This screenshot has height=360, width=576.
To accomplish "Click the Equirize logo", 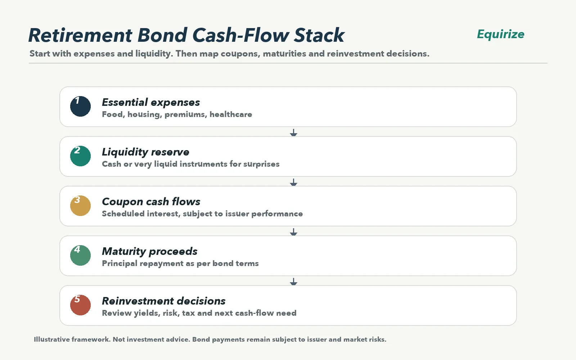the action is tap(500, 34).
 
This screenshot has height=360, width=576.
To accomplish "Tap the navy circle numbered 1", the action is tap(81, 106).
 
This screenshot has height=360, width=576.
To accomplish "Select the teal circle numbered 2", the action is tap(81, 156).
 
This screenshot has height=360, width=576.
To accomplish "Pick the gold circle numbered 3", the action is tap(81, 206).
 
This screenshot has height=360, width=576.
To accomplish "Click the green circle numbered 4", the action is tap(81, 255).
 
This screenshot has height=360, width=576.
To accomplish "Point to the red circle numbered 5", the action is tap(81, 305).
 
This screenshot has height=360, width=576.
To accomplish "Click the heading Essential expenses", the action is tap(151, 102).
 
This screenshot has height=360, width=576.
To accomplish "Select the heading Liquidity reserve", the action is tap(145, 152).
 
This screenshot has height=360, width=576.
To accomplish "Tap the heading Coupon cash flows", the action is tap(151, 202).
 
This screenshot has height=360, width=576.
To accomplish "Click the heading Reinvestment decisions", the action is tap(163, 301).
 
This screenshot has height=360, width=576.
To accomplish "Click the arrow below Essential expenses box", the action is tap(293, 133).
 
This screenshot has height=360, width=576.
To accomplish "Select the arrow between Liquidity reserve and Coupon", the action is tap(293, 182).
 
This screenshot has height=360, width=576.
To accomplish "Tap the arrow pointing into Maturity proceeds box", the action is tap(293, 232).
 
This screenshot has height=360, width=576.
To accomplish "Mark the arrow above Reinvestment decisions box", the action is tap(293, 282).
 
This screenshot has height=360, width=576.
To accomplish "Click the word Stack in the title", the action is tap(319, 35).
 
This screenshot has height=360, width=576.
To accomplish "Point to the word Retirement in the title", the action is tap(81, 35).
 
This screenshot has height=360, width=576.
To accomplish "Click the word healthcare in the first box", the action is tap(231, 114).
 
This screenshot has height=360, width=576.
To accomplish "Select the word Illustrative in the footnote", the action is tap(52, 339).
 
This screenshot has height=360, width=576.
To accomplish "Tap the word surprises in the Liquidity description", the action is tap(261, 164).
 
